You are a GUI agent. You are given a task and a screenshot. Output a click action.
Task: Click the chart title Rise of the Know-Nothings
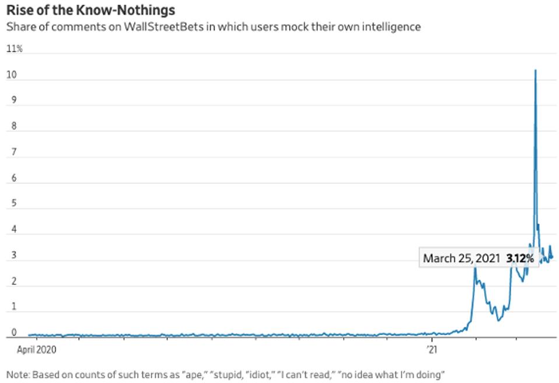[x=90, y=11]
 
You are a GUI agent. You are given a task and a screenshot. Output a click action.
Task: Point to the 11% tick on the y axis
[x=14, y=49]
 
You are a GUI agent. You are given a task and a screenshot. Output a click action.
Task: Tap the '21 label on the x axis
[x=432, y=350]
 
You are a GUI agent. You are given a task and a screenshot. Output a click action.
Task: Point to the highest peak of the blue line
[x=535, y=71]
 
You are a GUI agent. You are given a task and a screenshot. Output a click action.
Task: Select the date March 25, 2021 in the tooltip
[x=461, y=258]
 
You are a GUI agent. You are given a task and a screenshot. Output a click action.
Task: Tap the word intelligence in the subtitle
[x=392, y=27]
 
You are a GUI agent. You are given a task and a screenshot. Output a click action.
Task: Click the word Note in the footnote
[x=16, y=374]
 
